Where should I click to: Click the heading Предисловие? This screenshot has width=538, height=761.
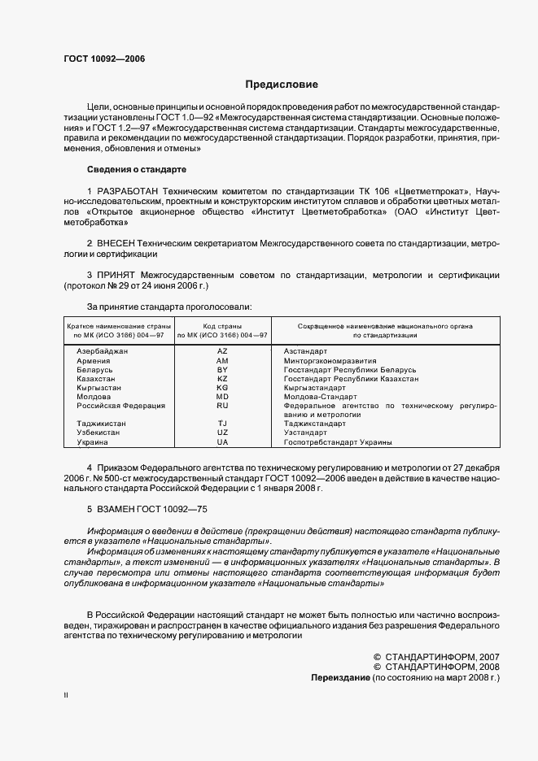click(x=282, y=85)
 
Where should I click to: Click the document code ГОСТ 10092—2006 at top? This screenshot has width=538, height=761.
click(x=104, y=59)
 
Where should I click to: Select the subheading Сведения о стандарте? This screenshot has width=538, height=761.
click(x=137, y=169)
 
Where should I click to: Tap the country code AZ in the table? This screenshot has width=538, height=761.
click(x=222, y=350)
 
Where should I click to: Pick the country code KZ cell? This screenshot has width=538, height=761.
click(x=222, y=379)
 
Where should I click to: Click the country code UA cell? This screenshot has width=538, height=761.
click(x=222, y=442)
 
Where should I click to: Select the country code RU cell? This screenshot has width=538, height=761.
click(x=222, y=405)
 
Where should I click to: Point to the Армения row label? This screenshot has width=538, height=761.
click(x=94, y=360)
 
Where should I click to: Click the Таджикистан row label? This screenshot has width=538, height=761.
click(x=101, y=424)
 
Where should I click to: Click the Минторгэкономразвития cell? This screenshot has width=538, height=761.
click(x=330, y=360)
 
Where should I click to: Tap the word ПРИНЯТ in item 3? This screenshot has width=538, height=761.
click(x=119, y=276)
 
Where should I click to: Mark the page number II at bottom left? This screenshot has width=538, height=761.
click(x=66, y=696)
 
